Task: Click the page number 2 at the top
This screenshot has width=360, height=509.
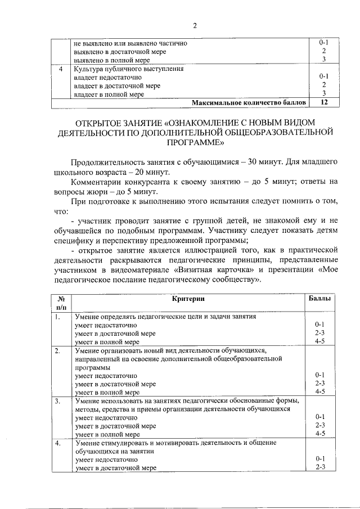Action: tap(195, 25)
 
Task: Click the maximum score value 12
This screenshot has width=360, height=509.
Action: tap(323, 103)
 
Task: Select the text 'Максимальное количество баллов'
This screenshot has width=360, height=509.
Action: tap(250, 103)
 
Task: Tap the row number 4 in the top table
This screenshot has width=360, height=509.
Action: tap(61, 69)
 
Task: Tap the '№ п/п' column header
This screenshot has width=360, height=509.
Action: tap(61, 302)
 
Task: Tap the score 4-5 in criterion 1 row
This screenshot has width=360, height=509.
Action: tap(321, 341)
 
